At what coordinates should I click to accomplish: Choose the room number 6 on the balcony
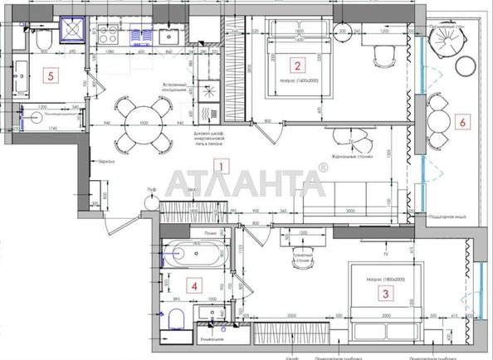463,122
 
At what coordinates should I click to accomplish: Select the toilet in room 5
41,40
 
